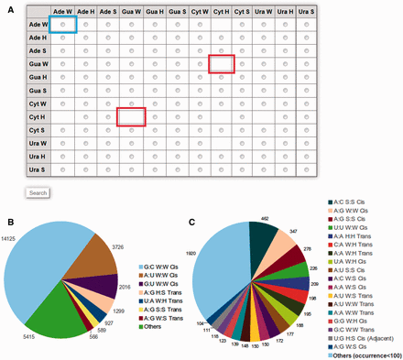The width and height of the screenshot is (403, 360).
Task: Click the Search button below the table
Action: pyautogui.click(x=38, y=193)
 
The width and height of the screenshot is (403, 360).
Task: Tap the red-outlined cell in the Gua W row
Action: pyautogui.click(x=223, y=63)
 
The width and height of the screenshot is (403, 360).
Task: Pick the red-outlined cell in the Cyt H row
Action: pyautogui.click(x=132, y=116)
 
